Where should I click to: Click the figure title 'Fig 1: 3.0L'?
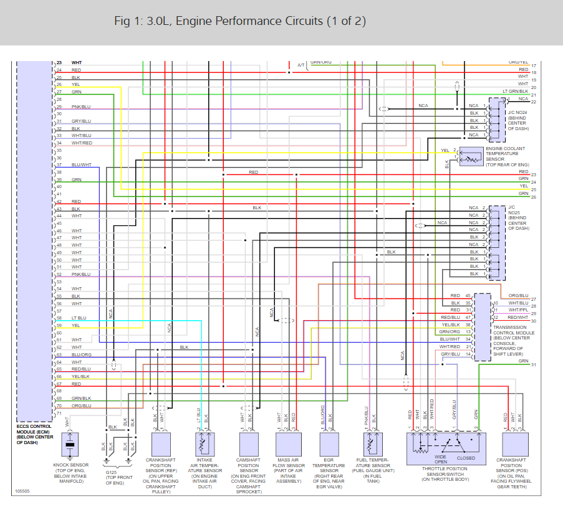[x=143, y=21]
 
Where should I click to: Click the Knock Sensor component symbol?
[x=72, y=447]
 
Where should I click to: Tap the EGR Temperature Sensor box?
[x=329, y=445]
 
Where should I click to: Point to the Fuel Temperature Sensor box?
[x=372, y=445]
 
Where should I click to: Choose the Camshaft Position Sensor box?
[x=248, y=445]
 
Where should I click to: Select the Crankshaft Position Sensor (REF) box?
[x=161, y=445]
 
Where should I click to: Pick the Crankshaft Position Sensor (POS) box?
[x=515, y=445]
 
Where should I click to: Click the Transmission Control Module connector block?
[x=482, y=327]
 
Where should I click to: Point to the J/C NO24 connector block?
[x=497, y=120]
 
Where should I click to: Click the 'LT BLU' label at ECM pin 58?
[x=79, y=318]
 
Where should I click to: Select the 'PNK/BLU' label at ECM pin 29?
[x=81, y=107]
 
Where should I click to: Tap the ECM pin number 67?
[x=59, y=384]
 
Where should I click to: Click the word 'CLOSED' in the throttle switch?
[x=466, y=458]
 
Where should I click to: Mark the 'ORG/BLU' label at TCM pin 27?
[x=518, y=295]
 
